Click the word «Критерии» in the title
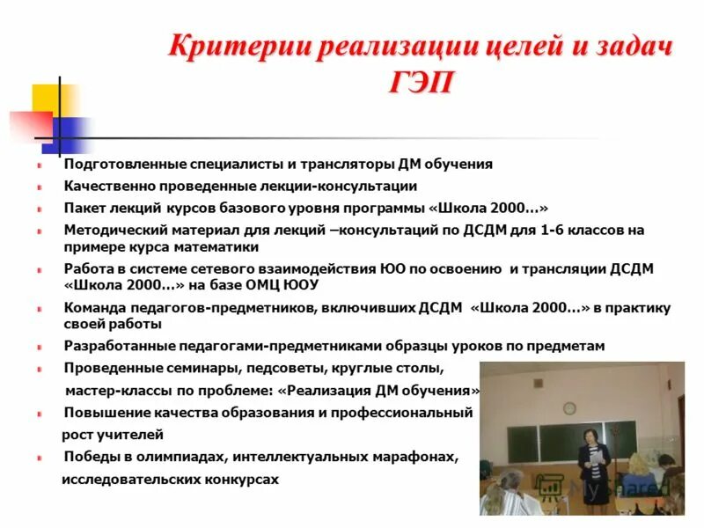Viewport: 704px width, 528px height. coord(231,45)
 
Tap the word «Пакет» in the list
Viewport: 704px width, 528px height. coord(84,208)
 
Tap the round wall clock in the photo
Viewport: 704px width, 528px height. coord(569,407)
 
